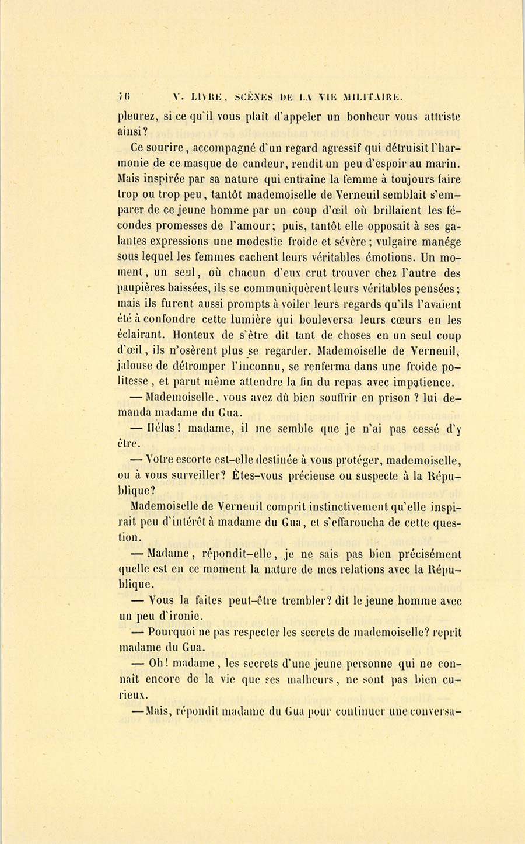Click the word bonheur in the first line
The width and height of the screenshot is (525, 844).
(x=372, y=116)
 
